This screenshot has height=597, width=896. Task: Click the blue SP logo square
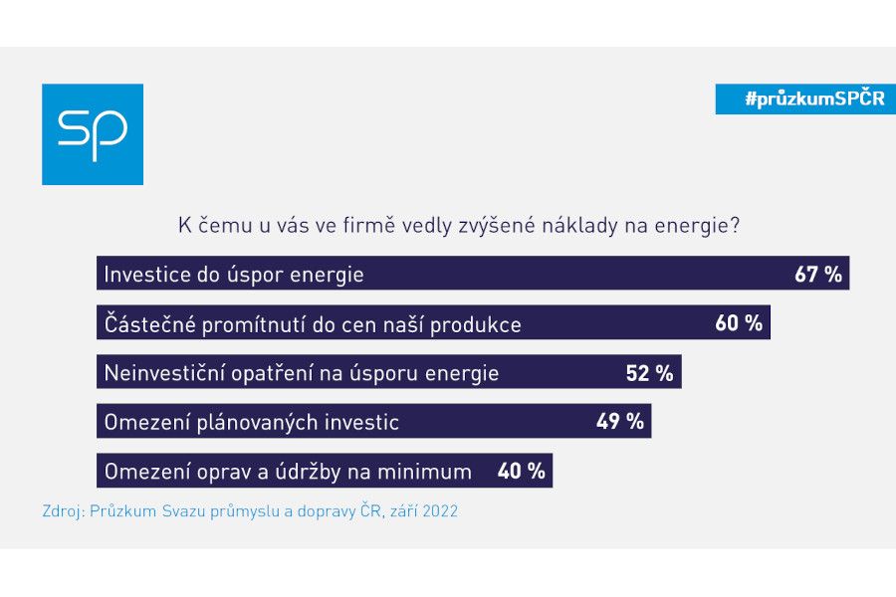pos(93,134)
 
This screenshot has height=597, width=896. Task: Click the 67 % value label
pos(818,274)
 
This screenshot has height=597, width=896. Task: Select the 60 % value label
pos(739,323)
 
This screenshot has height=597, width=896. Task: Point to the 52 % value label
pos(650,373)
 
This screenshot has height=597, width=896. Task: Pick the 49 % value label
pos(620,421)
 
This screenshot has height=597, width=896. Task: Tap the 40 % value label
pos(521,471)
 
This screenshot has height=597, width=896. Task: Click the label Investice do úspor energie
pos(234,275)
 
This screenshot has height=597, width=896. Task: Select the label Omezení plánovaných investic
pos(252,422)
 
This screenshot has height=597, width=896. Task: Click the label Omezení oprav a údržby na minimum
pos(288,471)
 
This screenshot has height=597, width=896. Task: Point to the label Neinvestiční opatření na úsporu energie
pos(302,373)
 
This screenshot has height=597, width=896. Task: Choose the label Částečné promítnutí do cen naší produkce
pos(313,324)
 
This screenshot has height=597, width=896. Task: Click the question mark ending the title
pos(734,226)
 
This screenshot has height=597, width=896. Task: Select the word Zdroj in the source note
pos(62,512)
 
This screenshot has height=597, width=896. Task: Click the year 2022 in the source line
pos(439,512)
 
